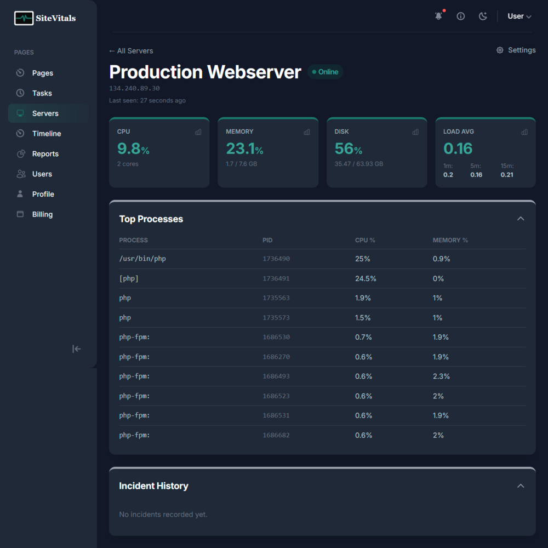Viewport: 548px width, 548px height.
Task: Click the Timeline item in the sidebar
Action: [x=46, y=134]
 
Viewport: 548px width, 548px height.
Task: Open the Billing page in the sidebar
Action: [x=42, y=214]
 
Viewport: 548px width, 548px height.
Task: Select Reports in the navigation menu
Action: [x=45, y=154]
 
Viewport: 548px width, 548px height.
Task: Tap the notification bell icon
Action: [x=438, y=16]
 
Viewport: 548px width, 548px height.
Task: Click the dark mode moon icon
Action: [x=483, y=16]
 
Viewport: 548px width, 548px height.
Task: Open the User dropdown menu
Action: [x=519, y=16]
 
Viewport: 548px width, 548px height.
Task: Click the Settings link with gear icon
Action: [x=516, y=50]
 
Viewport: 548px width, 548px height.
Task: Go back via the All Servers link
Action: [x=131, y=51]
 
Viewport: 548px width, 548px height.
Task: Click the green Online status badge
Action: [x=325, y=72]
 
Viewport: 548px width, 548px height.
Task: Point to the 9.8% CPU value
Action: [x=133, y=149]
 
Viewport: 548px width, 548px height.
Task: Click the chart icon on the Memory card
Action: [x=307, y=132]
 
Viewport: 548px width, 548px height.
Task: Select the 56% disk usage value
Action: [x=348, y=149]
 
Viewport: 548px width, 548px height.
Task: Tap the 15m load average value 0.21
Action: [x=507, y=175]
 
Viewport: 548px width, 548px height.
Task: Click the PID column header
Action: [x=267, y=240]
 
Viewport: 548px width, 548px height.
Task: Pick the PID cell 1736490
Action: [x=276, y=259]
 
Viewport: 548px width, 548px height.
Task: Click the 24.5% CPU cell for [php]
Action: [x=366, y=278]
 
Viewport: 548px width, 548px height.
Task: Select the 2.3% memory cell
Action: [x=441, y=376]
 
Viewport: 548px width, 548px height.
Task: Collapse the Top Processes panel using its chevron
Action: [x=521, y=219]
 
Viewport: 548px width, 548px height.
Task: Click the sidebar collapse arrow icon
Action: [x=77, y=349]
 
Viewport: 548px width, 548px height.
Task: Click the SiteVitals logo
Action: [x=45, y=18]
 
